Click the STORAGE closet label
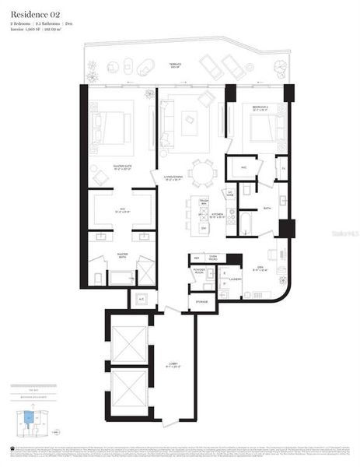point(201,302)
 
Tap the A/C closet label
point(142,298)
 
